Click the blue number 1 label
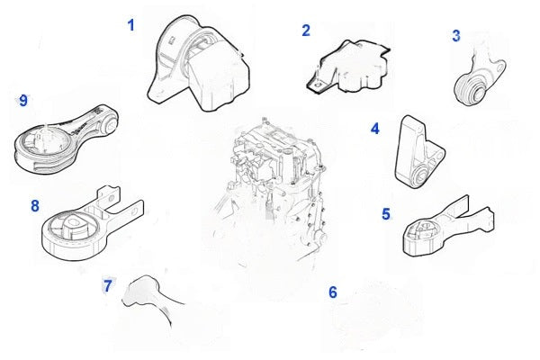(x=130, y=25)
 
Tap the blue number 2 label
(x=306, y=31)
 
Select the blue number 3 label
(x=456, y=36)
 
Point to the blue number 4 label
(x=375, y=129)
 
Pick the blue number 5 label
(x=386, y=214)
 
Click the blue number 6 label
(x=333, y=292)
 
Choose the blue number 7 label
(x=107, y=285)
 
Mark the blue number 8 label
(x=35, y=206)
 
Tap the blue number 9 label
(x=23, y=101)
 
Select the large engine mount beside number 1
(x=199, y=64)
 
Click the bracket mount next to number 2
(x=348, y=67)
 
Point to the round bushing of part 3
(x=470, y=90)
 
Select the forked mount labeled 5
(x=447, y=228)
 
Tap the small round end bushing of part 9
(x=110, y=125)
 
